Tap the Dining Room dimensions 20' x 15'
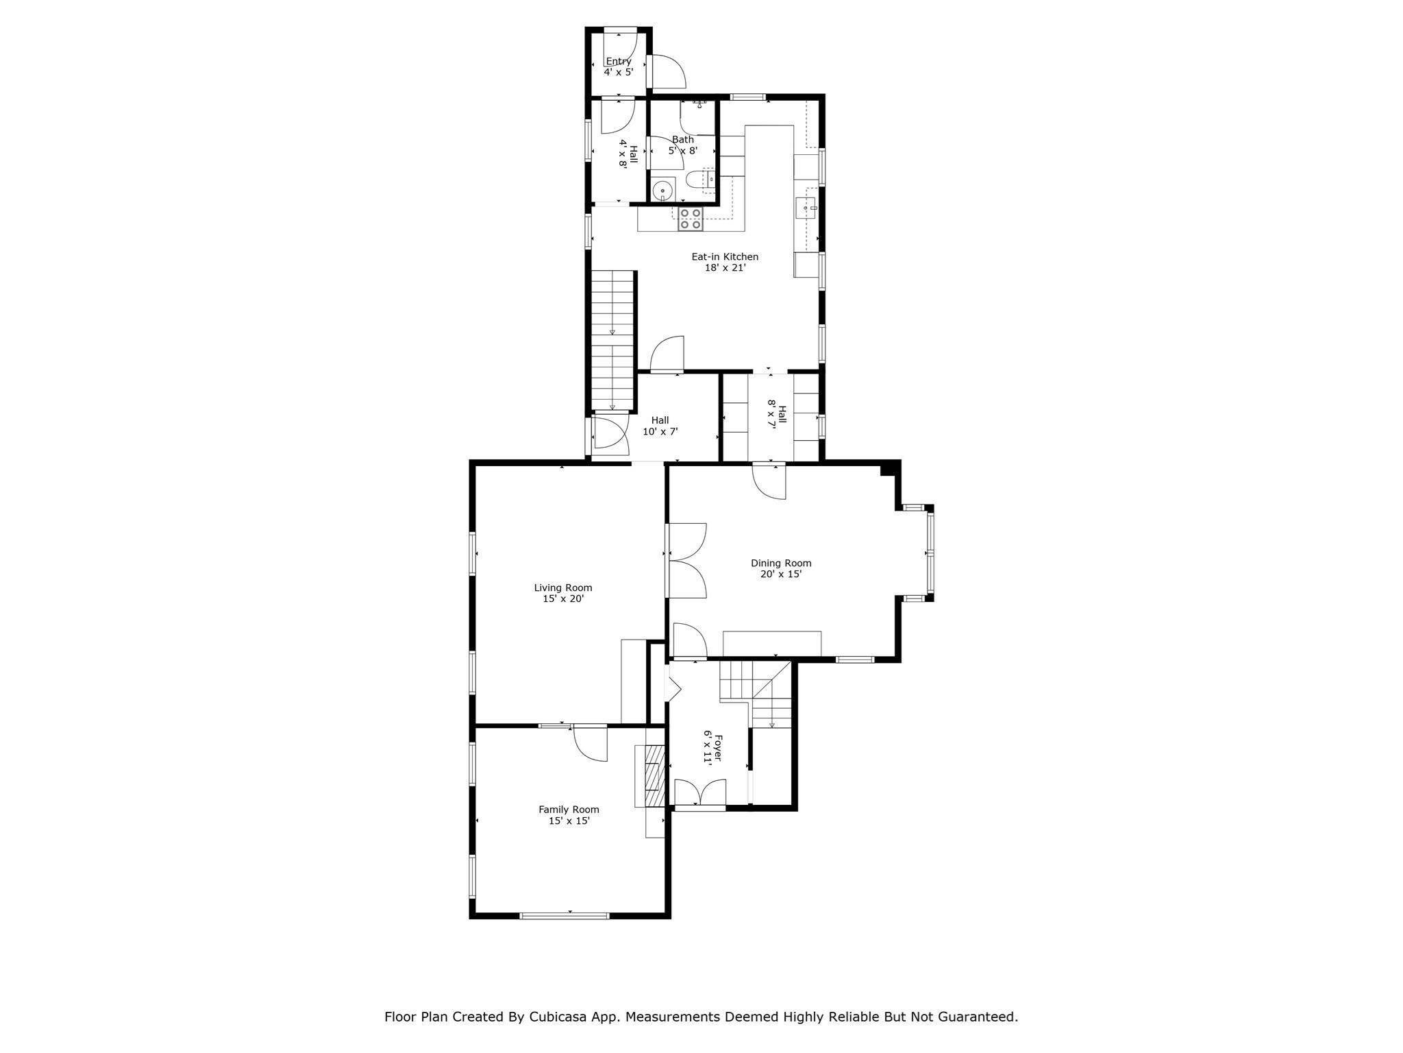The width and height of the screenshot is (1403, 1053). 781,574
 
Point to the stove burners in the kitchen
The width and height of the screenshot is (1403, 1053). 690,219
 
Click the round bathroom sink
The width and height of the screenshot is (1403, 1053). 662,191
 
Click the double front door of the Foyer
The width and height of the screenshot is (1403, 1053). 699,793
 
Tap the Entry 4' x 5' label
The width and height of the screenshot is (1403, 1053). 618,66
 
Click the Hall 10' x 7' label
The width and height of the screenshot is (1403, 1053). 660,426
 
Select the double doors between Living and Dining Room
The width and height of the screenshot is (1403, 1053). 686,561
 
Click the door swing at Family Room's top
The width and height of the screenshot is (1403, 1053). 590,744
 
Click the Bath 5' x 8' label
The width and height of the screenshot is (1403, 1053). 682,145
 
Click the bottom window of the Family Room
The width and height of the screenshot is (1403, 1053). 564,915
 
